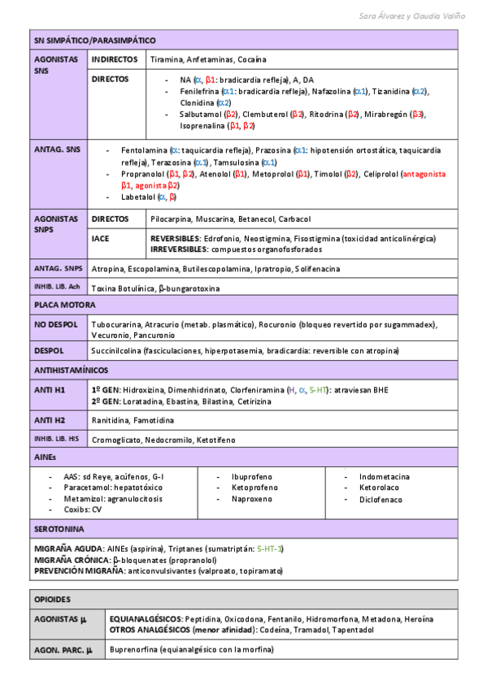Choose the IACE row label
[x=102, y=239]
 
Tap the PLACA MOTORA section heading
[x=64, y=305]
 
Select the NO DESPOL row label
[x=56, y=324]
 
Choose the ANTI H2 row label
[x=50, y=420]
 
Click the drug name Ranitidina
[x=112, y=420]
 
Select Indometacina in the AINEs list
[x=385, y=477]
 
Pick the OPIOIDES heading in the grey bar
[x=52, y=599]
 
